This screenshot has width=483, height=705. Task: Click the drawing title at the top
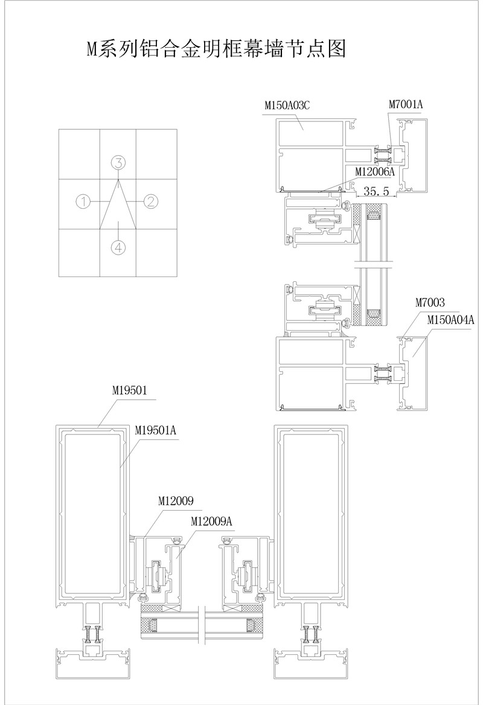[216, 48]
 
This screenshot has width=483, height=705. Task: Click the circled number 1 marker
[84, 202]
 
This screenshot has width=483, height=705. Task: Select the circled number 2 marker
[151, 201]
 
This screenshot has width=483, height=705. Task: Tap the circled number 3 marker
[118, 163]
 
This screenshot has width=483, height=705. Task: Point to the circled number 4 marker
[118, 247]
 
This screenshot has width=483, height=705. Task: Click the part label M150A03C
[287, 106]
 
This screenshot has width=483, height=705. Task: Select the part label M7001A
[406, 104]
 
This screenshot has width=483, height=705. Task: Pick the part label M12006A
[374, 171]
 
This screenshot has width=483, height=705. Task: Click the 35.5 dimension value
[376, 191]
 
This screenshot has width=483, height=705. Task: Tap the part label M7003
[430, 303]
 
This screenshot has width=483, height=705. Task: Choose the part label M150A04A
[450, 320]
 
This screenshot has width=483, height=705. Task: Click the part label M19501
[130, 391]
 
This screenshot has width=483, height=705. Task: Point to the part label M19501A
[156, 431]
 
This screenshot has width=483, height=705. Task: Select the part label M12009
[176, 501]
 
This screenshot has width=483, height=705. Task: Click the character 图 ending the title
[337, 48]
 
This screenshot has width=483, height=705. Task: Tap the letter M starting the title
[92, 49]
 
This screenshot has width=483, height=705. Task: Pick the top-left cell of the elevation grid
[79, 155]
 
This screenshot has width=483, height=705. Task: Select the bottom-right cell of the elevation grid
[156, 253]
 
